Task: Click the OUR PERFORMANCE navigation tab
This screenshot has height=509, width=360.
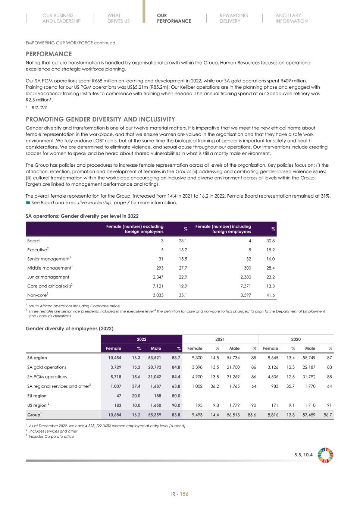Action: point(174,18)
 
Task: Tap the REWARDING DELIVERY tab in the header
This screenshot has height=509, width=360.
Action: point(234,18)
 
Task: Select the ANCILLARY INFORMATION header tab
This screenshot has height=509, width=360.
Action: point(291,18)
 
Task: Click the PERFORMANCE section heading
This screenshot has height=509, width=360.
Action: point(48,54)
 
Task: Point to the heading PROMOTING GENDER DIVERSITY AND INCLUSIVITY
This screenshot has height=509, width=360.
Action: point(100,119)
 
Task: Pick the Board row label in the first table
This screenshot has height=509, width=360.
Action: point(33,241)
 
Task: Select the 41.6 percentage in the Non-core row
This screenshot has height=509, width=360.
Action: point(270,295)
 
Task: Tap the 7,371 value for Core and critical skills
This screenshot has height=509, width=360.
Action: point(245,286)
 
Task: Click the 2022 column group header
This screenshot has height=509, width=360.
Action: point(141,339)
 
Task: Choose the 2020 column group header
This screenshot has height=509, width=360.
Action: point(295,339)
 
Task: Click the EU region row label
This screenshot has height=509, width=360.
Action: point(37,396)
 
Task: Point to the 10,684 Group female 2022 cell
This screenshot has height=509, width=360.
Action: point(115,415)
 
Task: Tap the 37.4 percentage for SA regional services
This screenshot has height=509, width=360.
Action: point(136,386)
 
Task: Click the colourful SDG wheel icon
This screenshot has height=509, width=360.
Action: point(325,455)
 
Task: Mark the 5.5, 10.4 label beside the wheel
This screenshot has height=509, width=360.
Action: point(303,455)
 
